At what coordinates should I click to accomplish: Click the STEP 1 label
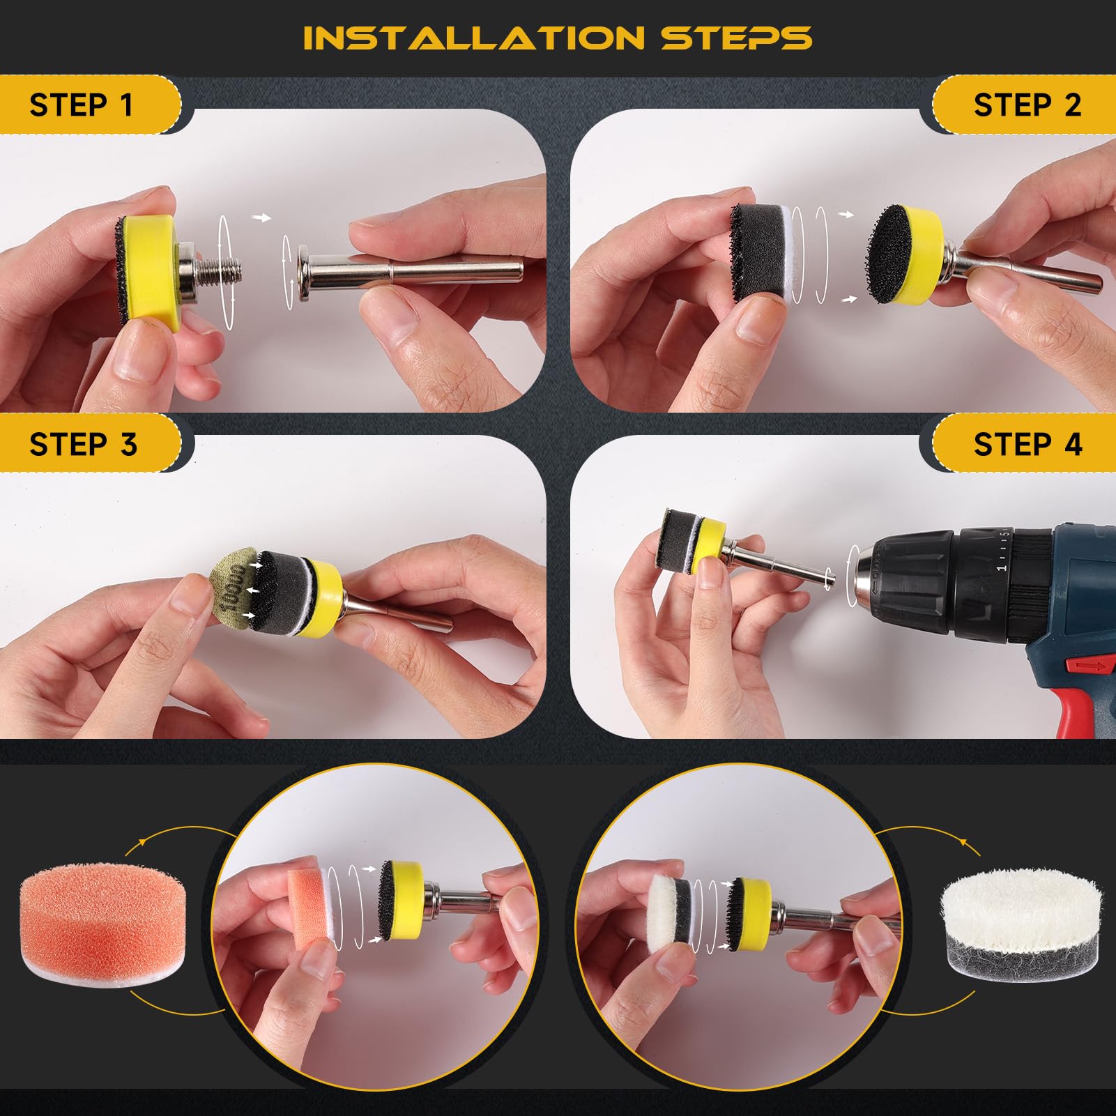[x=81, y=105]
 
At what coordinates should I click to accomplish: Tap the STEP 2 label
[x=1027, y=105]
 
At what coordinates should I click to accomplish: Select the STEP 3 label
[x=83, y=444]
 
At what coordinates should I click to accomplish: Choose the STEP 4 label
[x=1028, y=444]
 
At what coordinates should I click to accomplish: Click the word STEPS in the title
[x=737, y=38]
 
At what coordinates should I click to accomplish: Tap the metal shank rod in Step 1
[x=411, y=272]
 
